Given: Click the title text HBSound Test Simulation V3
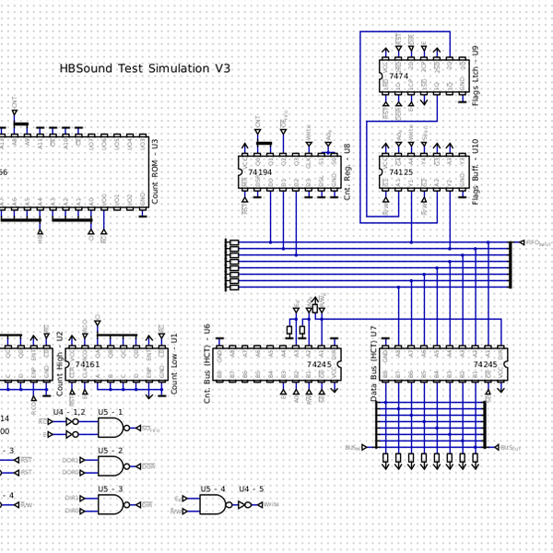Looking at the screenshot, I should pyautogui.click(x=145, y=68).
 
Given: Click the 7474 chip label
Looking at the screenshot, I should pyautogui.click(x=399, y=76).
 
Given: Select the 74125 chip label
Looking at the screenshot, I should pyautogui.click(x=401, y=172).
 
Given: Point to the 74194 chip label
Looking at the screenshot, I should pyautogui.click(x=260, y=172).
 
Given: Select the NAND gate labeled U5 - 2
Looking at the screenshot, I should pyautogui.click(x=112, y=466).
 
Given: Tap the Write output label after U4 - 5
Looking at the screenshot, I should pyautogui.click(x=272, y=504).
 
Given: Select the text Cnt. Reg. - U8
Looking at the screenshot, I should pyautogui.click(x=347, y=172).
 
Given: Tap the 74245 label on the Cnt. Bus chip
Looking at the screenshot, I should pyautogui.click(x=318, y=365).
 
